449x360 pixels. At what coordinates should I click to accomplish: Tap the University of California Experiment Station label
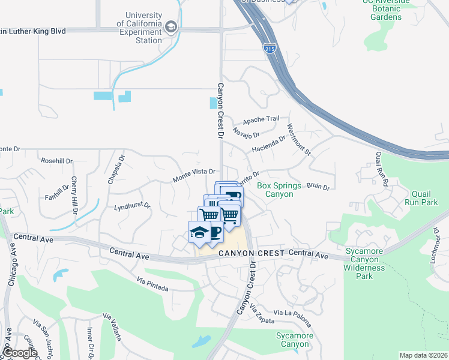point(144,28)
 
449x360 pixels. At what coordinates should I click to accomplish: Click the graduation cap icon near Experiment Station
point(172,27)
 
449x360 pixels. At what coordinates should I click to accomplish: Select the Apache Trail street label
point(261,120)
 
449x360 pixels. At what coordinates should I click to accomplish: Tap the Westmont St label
point(298,140)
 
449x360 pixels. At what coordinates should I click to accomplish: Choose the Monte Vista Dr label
point(194,175)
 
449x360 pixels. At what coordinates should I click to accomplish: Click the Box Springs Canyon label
point(279,190)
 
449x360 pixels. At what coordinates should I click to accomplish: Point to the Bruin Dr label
point(318,187)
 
